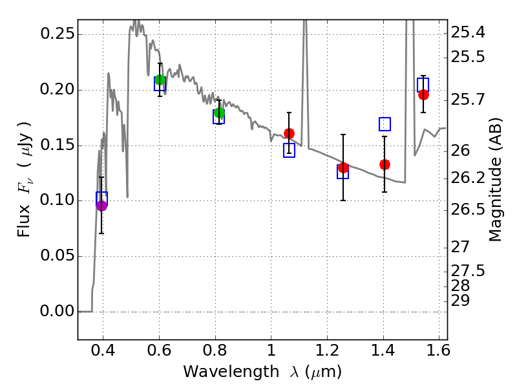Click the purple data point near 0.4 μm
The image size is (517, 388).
(x=101, y=206)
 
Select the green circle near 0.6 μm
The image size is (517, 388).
(x=160, y=80)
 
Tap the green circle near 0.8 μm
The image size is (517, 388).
(x=219, y=113)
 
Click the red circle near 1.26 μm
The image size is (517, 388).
(x=343, y=167)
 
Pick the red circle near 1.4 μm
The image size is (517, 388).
(x=385, y=164)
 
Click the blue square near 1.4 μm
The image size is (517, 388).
(x=385, y=124)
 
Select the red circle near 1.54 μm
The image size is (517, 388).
(x=423, y=94)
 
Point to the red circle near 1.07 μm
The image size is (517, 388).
(x=289, y=133)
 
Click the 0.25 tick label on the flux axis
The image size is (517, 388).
(x=58, y=34)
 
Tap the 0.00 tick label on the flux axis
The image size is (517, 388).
(x=58, y=312)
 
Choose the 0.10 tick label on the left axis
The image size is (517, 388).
(x=58, y=200)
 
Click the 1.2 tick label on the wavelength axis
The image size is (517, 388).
(x=328, y=352)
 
